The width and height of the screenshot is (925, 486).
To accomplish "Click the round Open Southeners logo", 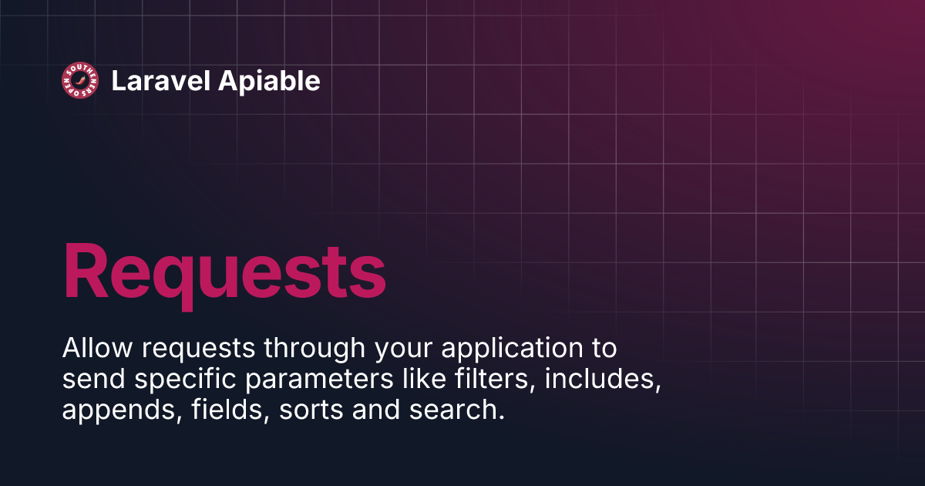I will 80,80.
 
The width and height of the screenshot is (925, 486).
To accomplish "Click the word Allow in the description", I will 86,349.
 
